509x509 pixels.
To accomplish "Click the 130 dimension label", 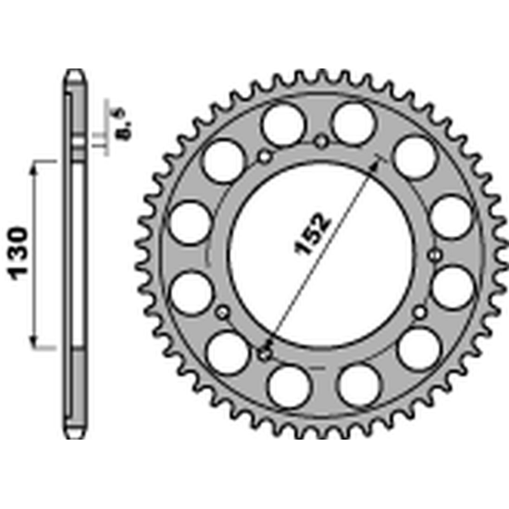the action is coord(18,254).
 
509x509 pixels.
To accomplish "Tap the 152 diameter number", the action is coord(312,234).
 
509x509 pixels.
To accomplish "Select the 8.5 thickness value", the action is coord(125,124).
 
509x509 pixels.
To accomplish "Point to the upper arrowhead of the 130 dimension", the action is coord(33,168).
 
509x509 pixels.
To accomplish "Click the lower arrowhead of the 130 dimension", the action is coord(33,342).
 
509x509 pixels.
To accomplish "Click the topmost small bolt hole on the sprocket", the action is coord(321,142).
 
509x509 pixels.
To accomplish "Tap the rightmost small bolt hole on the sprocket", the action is coord(435,255).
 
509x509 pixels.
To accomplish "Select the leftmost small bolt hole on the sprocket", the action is coord(223,313).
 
